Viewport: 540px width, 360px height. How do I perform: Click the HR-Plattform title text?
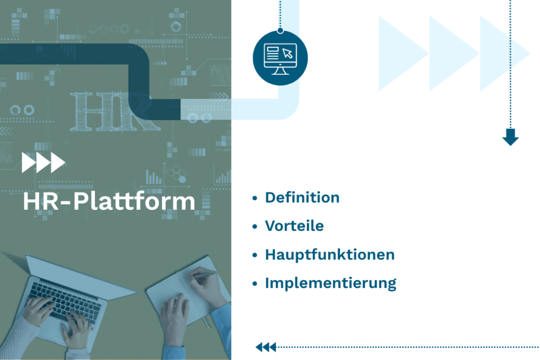click(109, 202)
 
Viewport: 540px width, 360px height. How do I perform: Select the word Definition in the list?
click(302, 198)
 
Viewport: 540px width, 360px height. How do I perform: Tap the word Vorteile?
click(294, 226)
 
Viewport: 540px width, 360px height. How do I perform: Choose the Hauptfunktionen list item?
click(330, 255)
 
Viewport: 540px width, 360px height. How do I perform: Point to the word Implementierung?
click(331, 283)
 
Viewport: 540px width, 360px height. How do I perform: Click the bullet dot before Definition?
click(255, 198)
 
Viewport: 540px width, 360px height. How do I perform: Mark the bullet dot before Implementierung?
click(255, 284)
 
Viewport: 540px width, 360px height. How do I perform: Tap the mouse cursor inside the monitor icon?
click(287, 53)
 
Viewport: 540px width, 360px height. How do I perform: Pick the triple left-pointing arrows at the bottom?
click(266, 347)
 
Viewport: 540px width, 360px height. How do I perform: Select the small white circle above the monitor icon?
click(280, 31)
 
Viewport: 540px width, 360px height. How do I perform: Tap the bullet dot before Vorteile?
click(255, 227)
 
